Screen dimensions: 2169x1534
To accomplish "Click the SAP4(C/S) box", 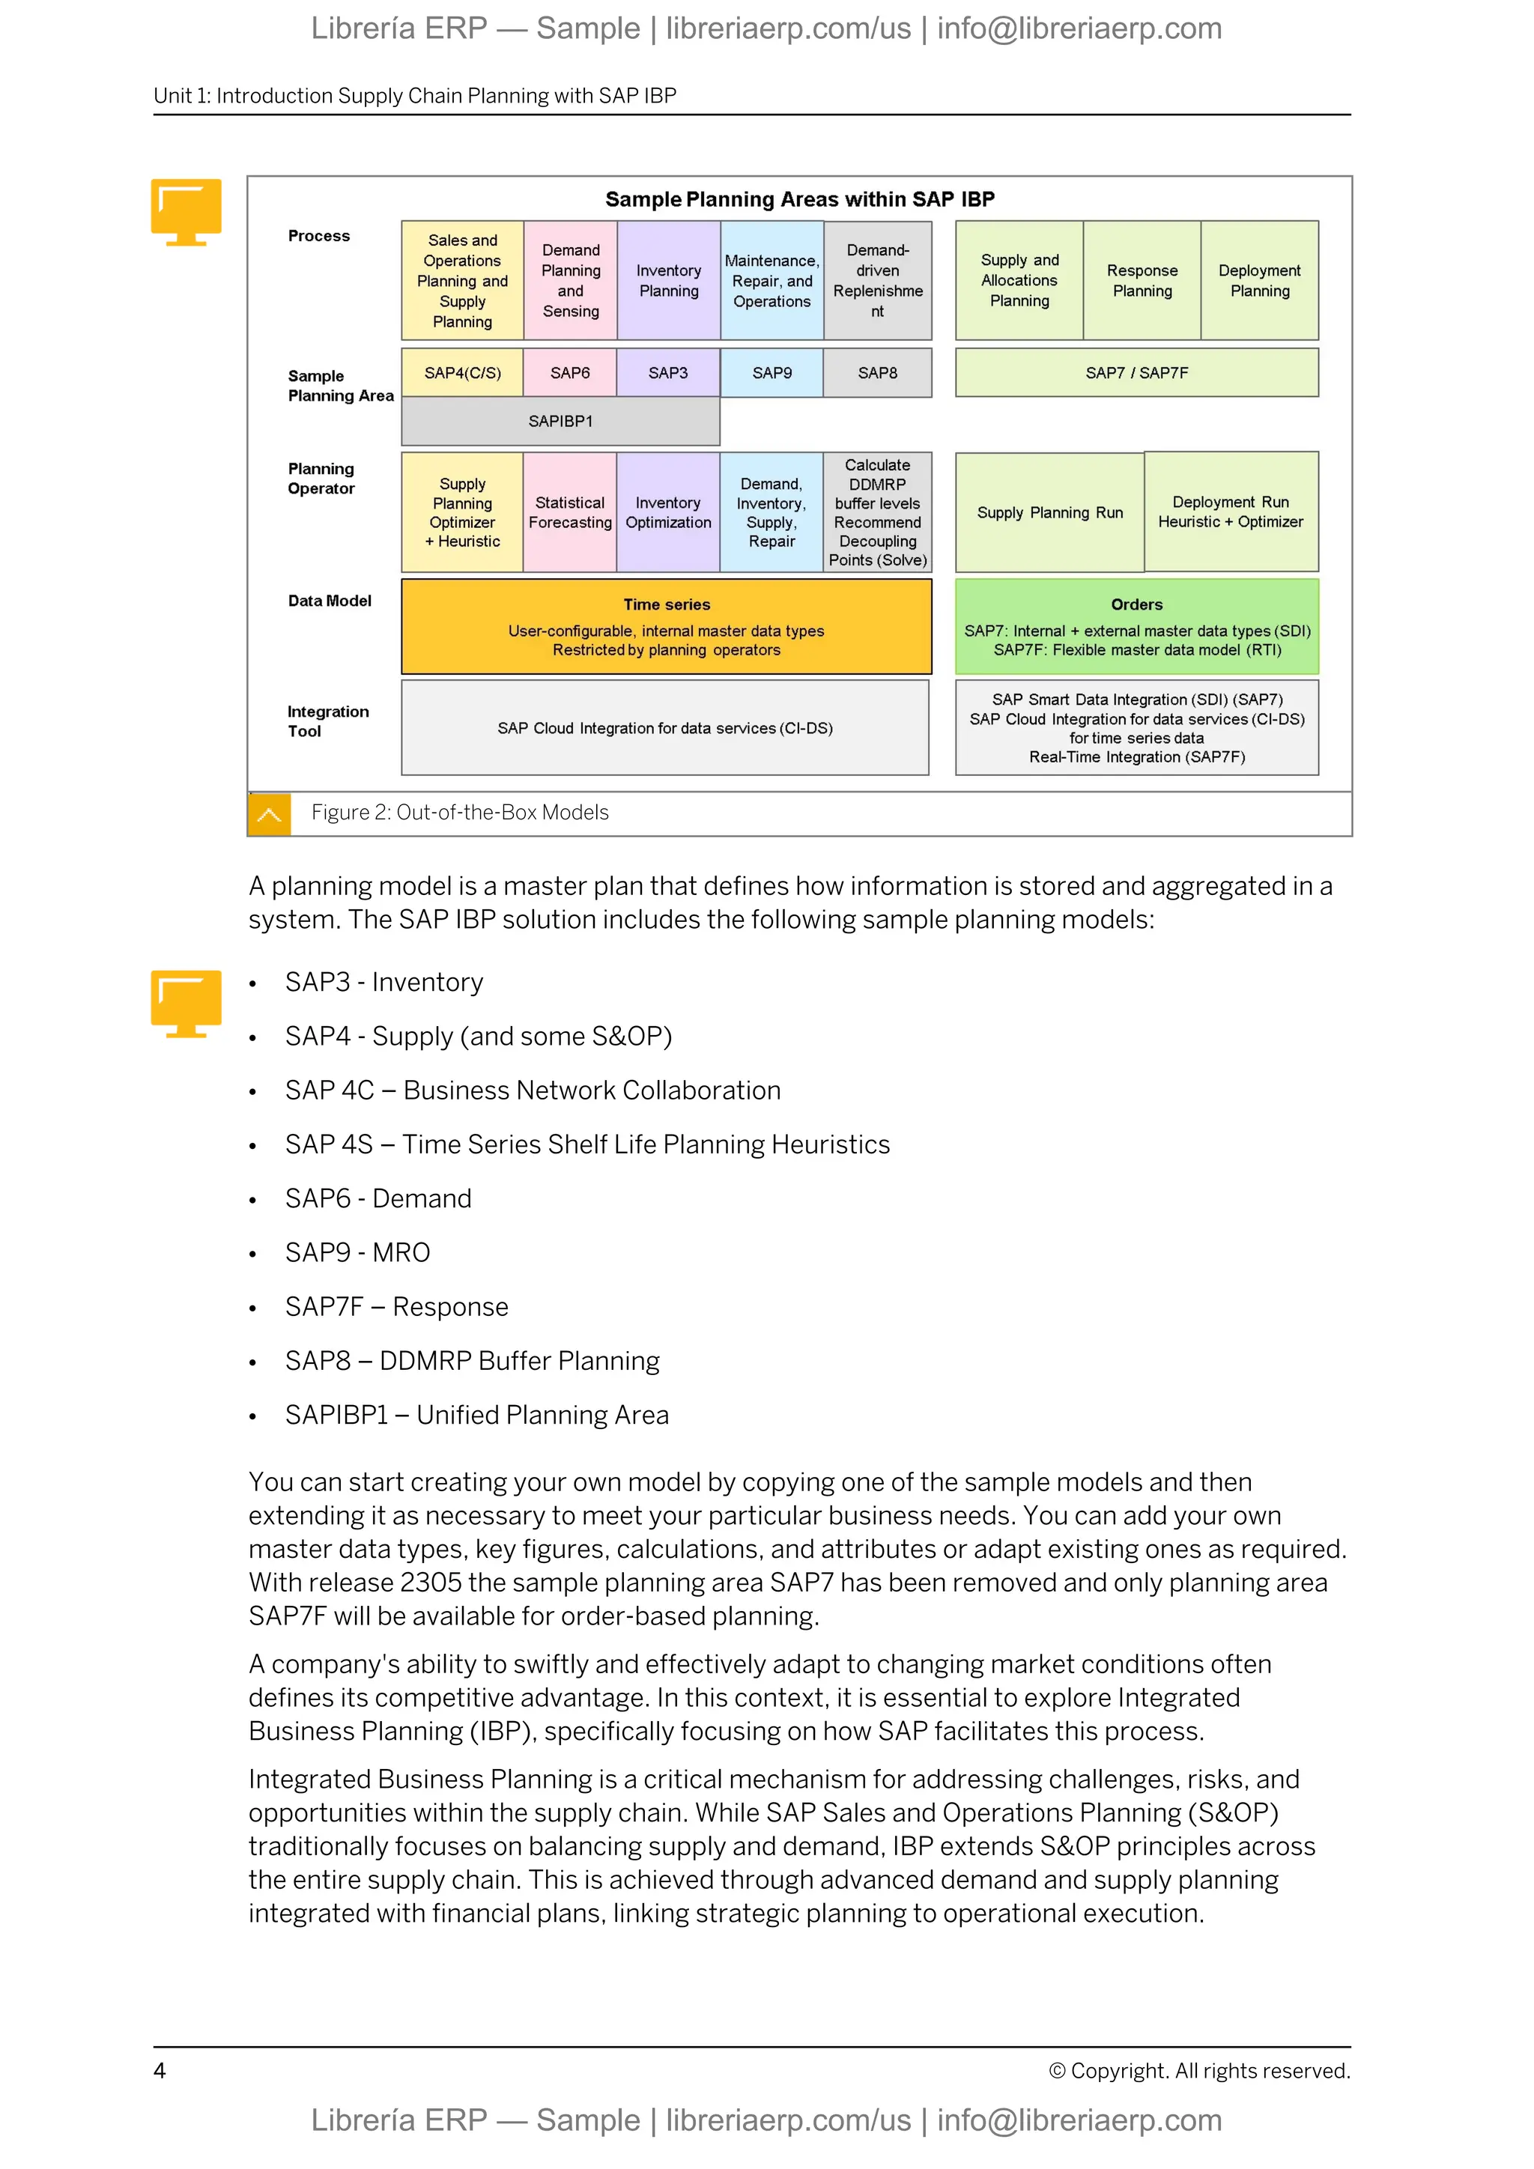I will tap(462, 373).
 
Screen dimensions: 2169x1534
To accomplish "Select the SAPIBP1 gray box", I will tap(560, 422).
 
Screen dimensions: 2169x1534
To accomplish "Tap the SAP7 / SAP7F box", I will tap(1136, 373).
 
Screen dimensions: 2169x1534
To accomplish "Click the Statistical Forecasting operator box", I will tap(569, 512).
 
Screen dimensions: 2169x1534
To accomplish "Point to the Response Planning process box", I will tap(1142, 281).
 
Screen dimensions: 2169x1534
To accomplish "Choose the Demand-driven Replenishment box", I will tap(878, 281).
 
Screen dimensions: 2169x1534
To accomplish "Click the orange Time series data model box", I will tap(666, 626).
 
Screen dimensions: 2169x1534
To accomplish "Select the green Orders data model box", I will tap(1136, 626).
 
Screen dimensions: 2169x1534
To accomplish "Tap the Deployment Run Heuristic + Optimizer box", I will tap(1230, 512).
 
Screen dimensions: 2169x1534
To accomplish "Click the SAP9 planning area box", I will tap(771, 373).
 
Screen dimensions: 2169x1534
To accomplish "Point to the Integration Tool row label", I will tap(328, 721).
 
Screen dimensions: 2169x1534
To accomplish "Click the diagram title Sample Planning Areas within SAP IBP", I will tap(799, 199).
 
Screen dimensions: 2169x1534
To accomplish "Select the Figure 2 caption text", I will tap(460, 813).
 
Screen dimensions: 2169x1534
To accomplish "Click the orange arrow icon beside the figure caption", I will tap(269, 814).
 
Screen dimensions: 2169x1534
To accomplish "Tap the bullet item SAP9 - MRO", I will tap(357, 1253).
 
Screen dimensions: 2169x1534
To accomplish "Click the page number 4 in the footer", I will tap(160, 2071).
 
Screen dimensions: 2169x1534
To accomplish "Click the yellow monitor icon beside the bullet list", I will tap(186, 1004).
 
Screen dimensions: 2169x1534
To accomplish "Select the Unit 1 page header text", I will tap(415, 95).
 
